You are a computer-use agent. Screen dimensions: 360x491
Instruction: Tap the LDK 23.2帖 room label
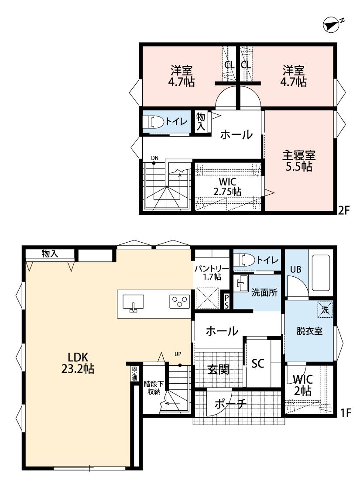77,363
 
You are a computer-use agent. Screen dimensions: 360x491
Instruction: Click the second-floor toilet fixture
156,122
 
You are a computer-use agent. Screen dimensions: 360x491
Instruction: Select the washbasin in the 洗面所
242,283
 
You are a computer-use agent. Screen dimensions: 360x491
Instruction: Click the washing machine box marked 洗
325,310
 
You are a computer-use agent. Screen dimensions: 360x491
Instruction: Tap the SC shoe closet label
258,364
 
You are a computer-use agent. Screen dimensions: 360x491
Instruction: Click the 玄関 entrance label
218,370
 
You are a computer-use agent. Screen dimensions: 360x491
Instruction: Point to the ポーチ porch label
231,404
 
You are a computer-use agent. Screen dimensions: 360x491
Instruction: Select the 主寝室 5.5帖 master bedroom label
299,161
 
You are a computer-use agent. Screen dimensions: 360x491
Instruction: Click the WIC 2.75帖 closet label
228,187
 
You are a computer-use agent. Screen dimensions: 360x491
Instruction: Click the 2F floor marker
343,210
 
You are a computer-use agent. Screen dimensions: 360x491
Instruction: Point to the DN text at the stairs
154,158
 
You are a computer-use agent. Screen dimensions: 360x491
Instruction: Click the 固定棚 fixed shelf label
134,374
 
